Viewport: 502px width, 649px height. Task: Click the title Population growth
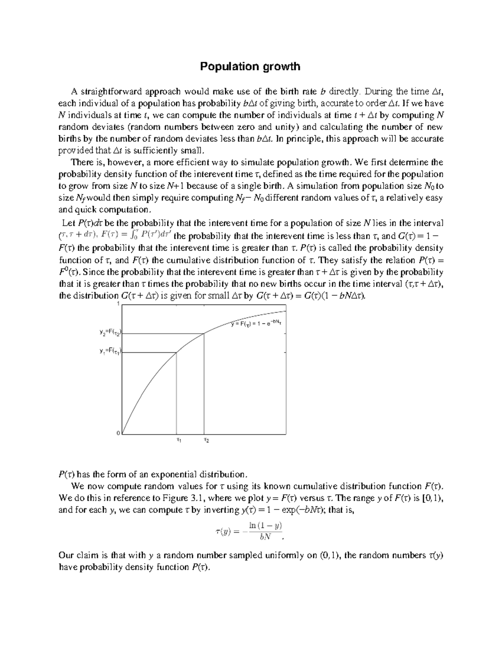coord(250,66)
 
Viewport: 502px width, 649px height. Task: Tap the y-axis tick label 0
coord(118,433)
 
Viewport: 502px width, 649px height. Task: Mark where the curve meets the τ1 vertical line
coord(176,352)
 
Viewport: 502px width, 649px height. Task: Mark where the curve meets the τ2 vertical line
coord(204,333)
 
